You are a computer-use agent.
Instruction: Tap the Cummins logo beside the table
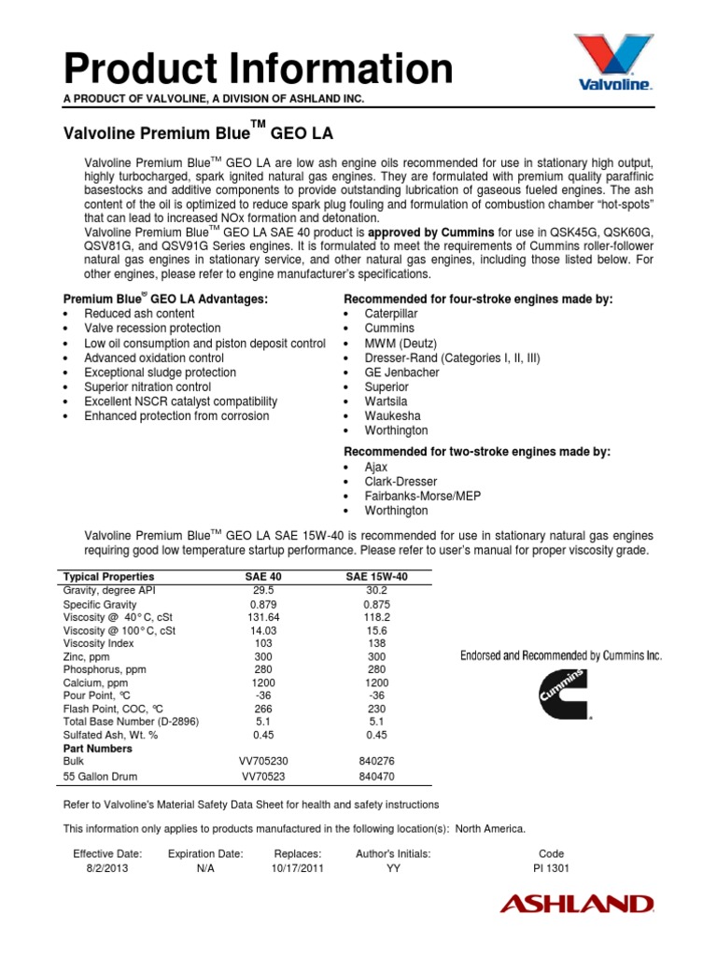pyautogui.click(x=563, y=696)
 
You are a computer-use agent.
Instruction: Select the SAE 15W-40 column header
pyautogui.click(x=376, y=577)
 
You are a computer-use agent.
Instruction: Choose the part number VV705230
pyautogui.click(x=264, y=761)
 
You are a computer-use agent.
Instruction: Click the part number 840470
pyautogui.click(x=376, y=775)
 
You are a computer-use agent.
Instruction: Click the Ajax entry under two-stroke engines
pyautogui.click(x=375, y=467)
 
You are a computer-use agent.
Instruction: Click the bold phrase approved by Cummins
pyautogui.click(x=425, y=231)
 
